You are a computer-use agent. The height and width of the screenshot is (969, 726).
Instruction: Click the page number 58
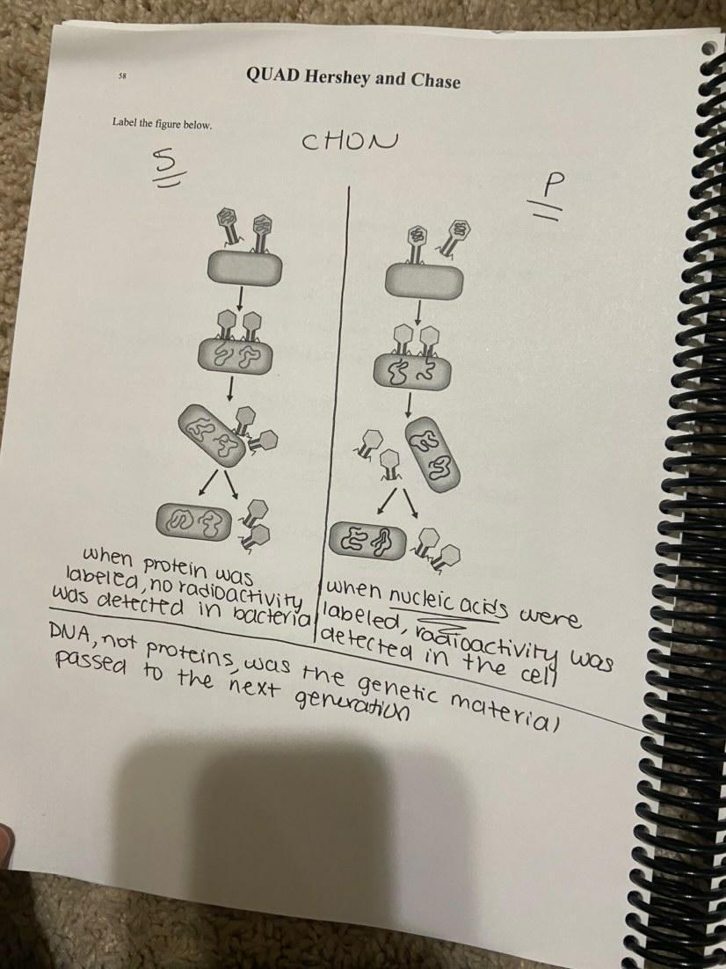pos(122,76)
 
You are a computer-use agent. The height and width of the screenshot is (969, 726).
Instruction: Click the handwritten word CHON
pos(348,142)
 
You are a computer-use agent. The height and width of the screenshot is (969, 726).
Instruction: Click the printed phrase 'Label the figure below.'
pos(162,124)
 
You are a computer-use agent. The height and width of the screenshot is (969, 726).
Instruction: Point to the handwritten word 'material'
pos(505,710)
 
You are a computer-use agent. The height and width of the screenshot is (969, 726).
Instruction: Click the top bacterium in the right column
pos(424,281)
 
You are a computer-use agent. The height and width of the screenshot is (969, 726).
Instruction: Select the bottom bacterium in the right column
pos(369,538)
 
